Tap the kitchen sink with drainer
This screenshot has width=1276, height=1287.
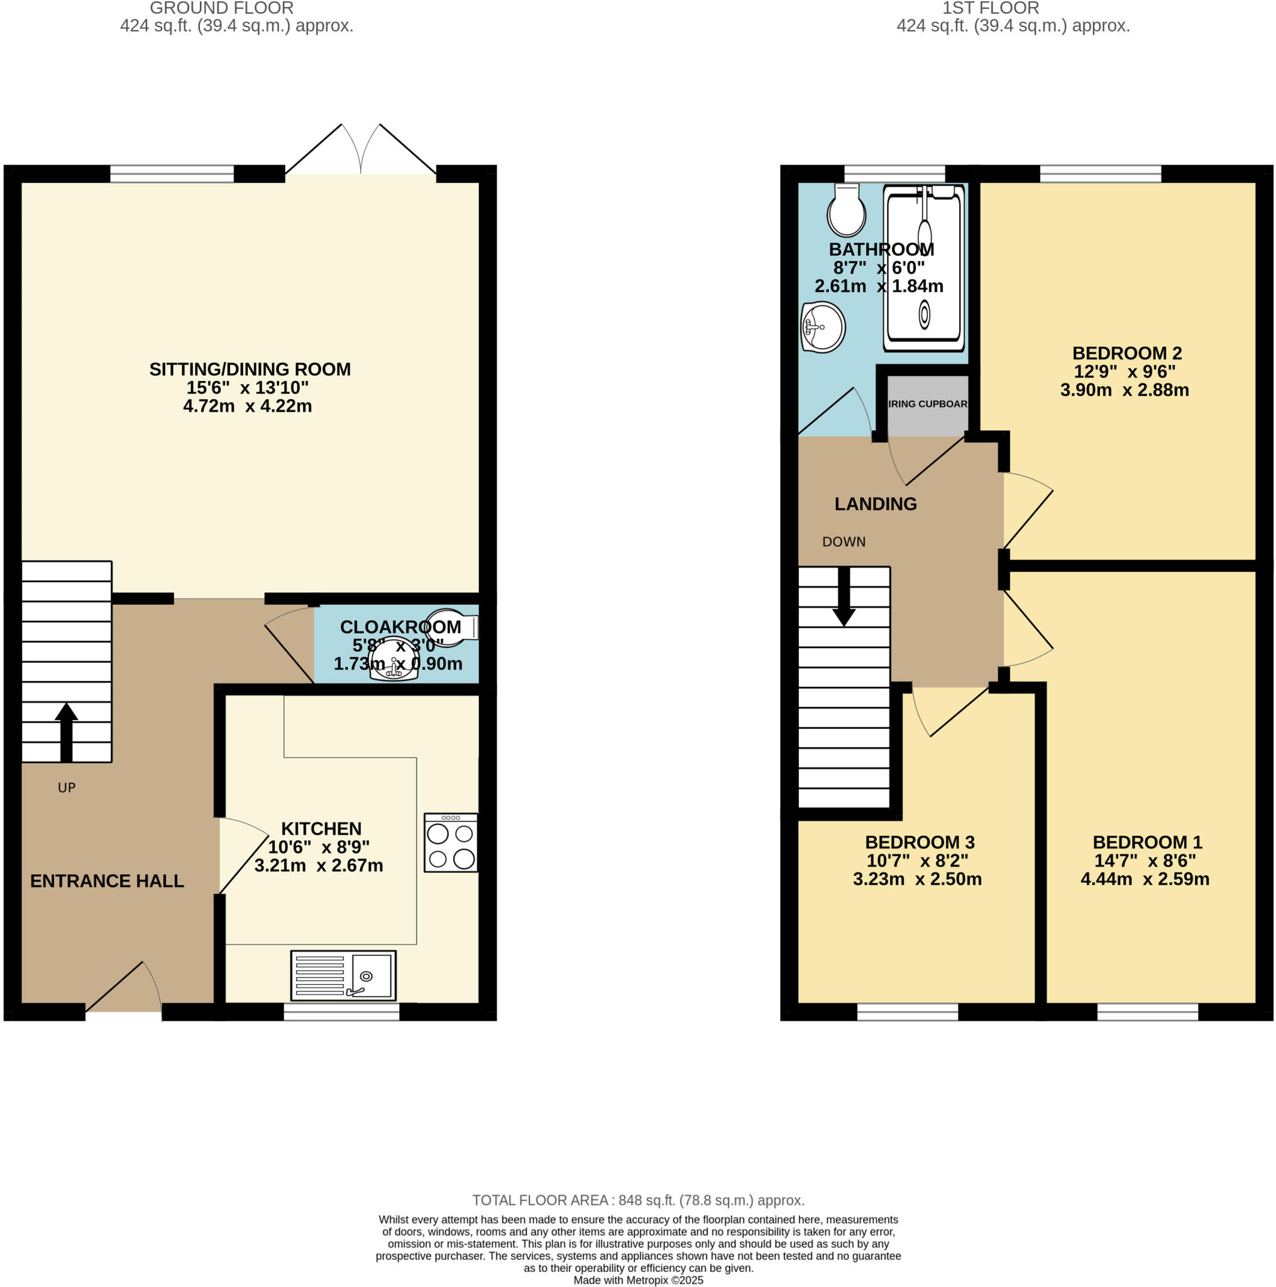pos(343,975)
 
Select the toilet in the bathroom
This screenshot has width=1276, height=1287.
pos(846,211)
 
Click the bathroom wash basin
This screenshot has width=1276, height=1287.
pos(823,327)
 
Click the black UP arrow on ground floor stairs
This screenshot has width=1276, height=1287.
pos(67,731)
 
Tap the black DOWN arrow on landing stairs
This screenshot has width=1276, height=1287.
pos(844,597)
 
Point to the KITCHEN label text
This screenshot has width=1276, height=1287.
pos(321,829)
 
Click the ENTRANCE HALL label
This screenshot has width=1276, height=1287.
pos(107,880)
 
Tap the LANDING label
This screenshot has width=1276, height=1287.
pos(876,504)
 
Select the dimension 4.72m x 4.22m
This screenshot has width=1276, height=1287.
pos(247,406)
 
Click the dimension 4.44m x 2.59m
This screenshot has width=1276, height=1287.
pos(1145,879)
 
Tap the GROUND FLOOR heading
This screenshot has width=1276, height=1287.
pos(222,9)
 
